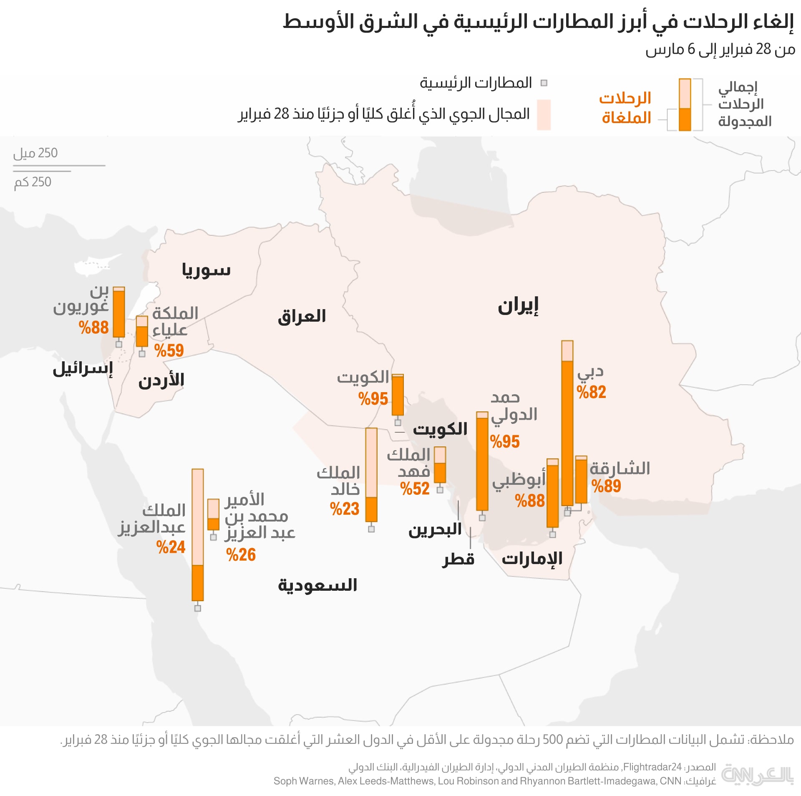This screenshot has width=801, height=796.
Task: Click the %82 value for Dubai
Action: (591, 392)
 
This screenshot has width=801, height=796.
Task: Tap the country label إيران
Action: (518, 306)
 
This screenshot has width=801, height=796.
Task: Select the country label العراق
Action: (302, 316)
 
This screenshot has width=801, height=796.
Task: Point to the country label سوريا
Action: (206, 270)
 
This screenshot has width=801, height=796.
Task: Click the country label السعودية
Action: (317, 585)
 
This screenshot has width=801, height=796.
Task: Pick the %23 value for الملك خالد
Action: (345, 509)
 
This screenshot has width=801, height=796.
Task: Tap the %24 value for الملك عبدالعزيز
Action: (171, 547)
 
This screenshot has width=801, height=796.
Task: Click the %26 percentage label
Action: (241, 555)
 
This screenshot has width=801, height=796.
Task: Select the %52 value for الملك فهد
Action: (415, 489)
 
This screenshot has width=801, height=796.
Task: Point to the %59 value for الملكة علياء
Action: (169, 350)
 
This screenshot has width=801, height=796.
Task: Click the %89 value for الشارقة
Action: (606, 486)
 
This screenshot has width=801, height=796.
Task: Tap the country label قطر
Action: (458, 559)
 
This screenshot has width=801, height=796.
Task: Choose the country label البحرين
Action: (435, 530)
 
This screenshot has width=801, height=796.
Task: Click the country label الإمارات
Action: (532, 558)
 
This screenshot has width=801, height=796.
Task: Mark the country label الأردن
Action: (161, 380)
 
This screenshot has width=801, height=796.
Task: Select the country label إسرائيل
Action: (83, 369)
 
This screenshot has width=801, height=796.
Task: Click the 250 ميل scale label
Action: (35, 153)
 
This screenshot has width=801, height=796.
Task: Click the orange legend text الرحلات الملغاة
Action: (626, 108)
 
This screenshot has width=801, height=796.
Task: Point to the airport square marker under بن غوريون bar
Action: (119, 344)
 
